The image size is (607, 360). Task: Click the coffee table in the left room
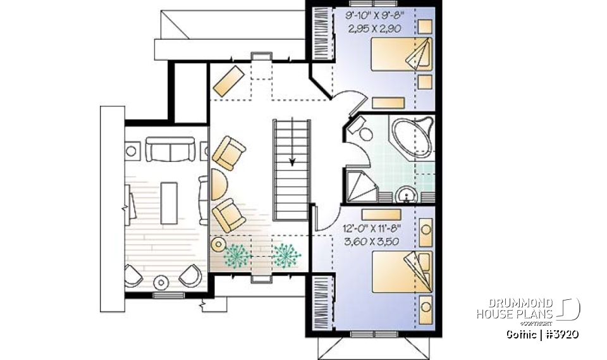click(x=169, y=202)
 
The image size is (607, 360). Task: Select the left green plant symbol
click(x=238, y=254)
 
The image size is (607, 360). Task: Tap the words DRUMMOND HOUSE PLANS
click(x=515, y=308)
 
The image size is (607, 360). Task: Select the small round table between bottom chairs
click(x=161, y=282)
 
